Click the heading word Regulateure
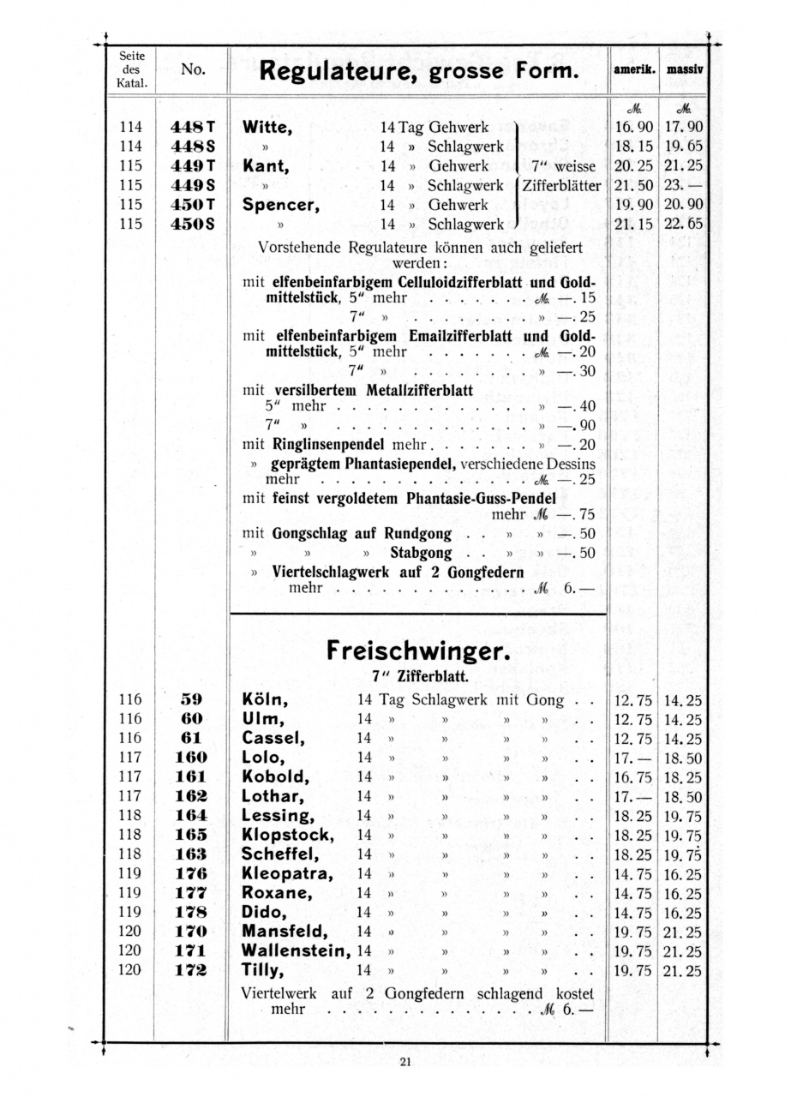[326, 70]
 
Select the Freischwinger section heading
[417, 651]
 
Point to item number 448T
[192, 128]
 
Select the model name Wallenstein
[297, 950]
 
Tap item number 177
[190, 893]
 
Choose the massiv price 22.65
[683, 225]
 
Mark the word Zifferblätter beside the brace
[563, 185]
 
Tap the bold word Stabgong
[421, 553]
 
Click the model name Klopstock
[287, 835]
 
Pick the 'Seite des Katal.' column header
[132, 70]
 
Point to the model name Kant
[267, 166]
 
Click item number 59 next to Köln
[191, 700]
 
